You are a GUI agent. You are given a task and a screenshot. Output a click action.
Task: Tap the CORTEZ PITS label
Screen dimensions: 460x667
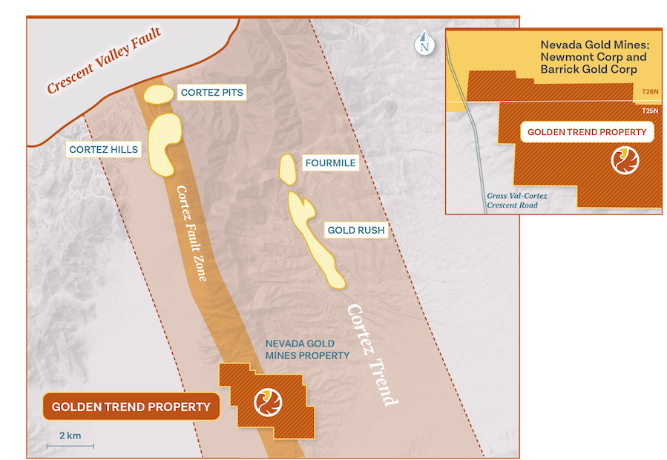click(211, 93)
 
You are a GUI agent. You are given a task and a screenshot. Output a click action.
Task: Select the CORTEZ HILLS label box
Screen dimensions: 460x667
click(104, 149)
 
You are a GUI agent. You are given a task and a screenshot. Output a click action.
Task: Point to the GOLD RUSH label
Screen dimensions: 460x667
click(356, 230)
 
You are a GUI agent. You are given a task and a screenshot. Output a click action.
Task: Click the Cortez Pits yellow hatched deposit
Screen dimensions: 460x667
click(157, 93)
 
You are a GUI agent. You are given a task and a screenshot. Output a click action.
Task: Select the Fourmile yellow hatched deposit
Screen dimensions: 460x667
click(286, 168)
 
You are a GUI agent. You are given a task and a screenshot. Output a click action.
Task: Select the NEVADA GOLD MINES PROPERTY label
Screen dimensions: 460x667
click(307, 349)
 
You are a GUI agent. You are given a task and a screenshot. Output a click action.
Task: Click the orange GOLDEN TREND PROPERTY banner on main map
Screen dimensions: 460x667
click(131, 407)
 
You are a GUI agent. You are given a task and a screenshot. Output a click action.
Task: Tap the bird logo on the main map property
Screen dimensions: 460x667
click(268, 402)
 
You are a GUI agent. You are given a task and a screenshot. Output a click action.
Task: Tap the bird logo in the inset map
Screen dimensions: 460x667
click(623, 160)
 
